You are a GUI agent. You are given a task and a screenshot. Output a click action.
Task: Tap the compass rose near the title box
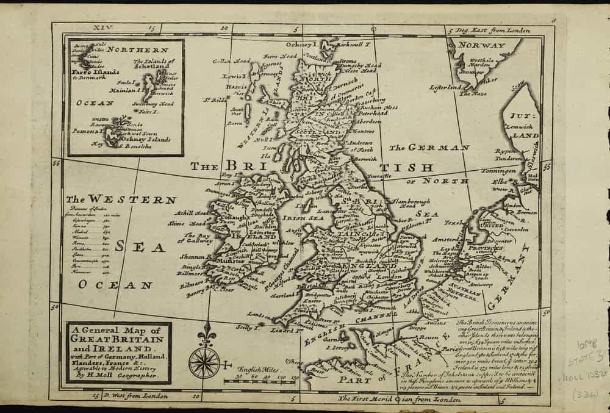(204, 361)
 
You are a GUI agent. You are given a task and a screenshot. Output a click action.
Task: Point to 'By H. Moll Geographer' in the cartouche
(117, 377)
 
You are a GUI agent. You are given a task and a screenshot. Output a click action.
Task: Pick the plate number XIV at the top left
(100, 28)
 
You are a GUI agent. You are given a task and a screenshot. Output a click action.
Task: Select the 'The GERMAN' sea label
(429, 148)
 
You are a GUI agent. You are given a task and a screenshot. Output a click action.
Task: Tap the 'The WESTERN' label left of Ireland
(122, 199)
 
